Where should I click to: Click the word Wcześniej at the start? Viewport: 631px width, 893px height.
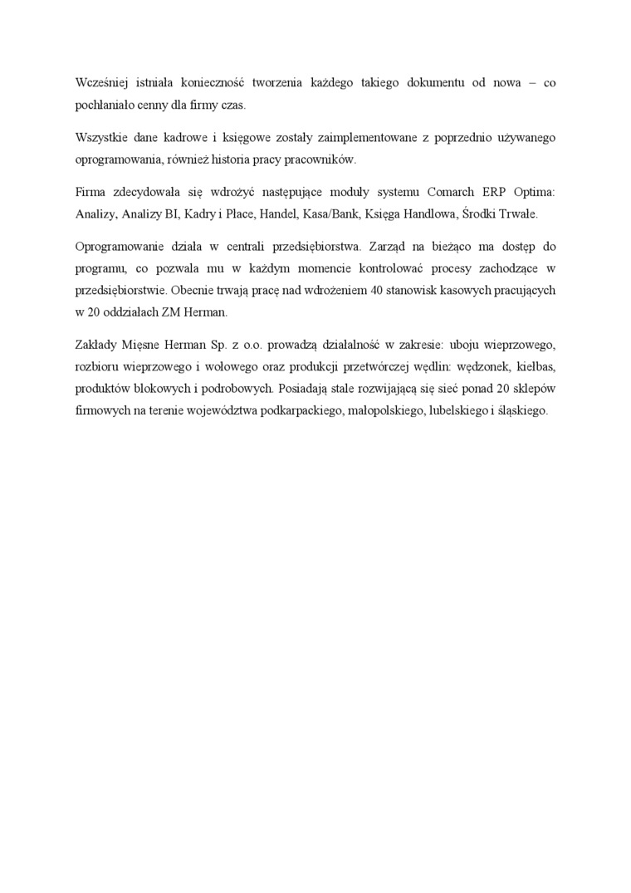coord(101,84)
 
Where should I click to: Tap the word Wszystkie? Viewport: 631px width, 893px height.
coord(101,137)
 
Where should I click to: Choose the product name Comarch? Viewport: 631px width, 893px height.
coord(454,192)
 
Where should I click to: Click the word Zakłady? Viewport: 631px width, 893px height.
coord(96,345)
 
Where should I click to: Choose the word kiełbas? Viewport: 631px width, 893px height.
coord(536,366)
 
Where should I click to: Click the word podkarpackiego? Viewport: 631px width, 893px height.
coord(295,410)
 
